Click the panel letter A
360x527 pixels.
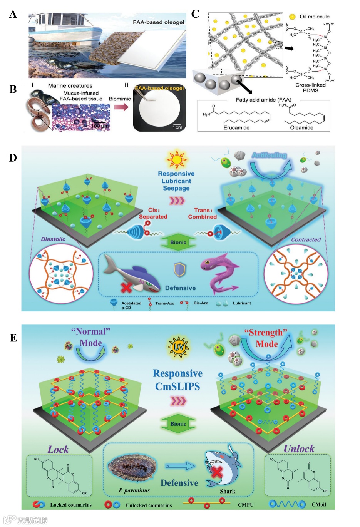coord(13,15)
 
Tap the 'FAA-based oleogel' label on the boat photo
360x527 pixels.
coord(158,22)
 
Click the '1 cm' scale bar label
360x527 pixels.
coord(177,127)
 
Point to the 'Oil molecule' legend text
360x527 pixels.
coord(315,17)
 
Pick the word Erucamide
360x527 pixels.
coord(236,127)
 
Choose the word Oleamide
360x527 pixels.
coord(301,127)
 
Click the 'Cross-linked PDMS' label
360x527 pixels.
coord(310,88)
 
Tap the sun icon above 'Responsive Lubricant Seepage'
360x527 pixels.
coord(176,159)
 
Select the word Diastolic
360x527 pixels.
coord(53,239)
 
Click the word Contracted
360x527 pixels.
coord(306,239)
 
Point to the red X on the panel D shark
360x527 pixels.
coord(126,287)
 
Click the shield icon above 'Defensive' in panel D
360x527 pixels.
coord(180,270)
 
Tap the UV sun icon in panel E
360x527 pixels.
coord(178,347)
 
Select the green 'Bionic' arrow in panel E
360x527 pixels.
coord(178,424)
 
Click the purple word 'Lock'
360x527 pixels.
coord(58,449)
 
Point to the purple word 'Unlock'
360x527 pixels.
coord(299,448)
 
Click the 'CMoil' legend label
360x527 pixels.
coord(318,504)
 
